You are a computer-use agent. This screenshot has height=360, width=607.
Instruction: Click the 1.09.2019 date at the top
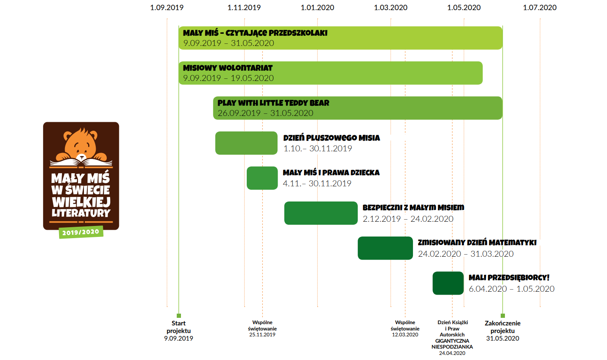coord(167,8)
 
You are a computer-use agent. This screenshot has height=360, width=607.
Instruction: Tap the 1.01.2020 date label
coord(317,8)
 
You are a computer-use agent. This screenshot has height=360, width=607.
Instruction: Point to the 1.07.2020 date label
coord(540,8)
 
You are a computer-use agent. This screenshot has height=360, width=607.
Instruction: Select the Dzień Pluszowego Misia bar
coord(246,143)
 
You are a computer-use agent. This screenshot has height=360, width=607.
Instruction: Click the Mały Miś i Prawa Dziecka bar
coord(262,178)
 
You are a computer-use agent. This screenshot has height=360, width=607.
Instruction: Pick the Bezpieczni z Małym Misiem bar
coord(321,213)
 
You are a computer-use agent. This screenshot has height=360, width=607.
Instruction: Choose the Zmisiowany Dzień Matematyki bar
coord(385,248)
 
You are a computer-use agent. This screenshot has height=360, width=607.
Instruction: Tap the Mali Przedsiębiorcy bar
coord(448,283)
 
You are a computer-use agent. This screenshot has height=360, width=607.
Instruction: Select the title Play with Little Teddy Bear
coord(273,103)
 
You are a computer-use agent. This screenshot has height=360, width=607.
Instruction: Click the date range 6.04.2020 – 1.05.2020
coord(511,289)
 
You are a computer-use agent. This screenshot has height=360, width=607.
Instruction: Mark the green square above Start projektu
coord(178,316)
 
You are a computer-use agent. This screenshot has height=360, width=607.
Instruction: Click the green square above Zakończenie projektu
coord(503,316)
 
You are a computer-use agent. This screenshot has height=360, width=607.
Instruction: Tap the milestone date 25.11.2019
coord(262,335)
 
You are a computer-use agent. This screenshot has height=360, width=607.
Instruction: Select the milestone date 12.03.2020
coord(405,335)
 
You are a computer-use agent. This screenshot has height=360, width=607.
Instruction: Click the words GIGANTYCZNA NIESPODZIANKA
coord(452,344)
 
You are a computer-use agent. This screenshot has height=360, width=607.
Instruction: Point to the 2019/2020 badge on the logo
coord(81,232)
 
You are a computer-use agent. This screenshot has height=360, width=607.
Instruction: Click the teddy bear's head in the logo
coord(81,144)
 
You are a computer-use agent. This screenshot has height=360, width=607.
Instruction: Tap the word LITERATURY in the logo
coord(81,213)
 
